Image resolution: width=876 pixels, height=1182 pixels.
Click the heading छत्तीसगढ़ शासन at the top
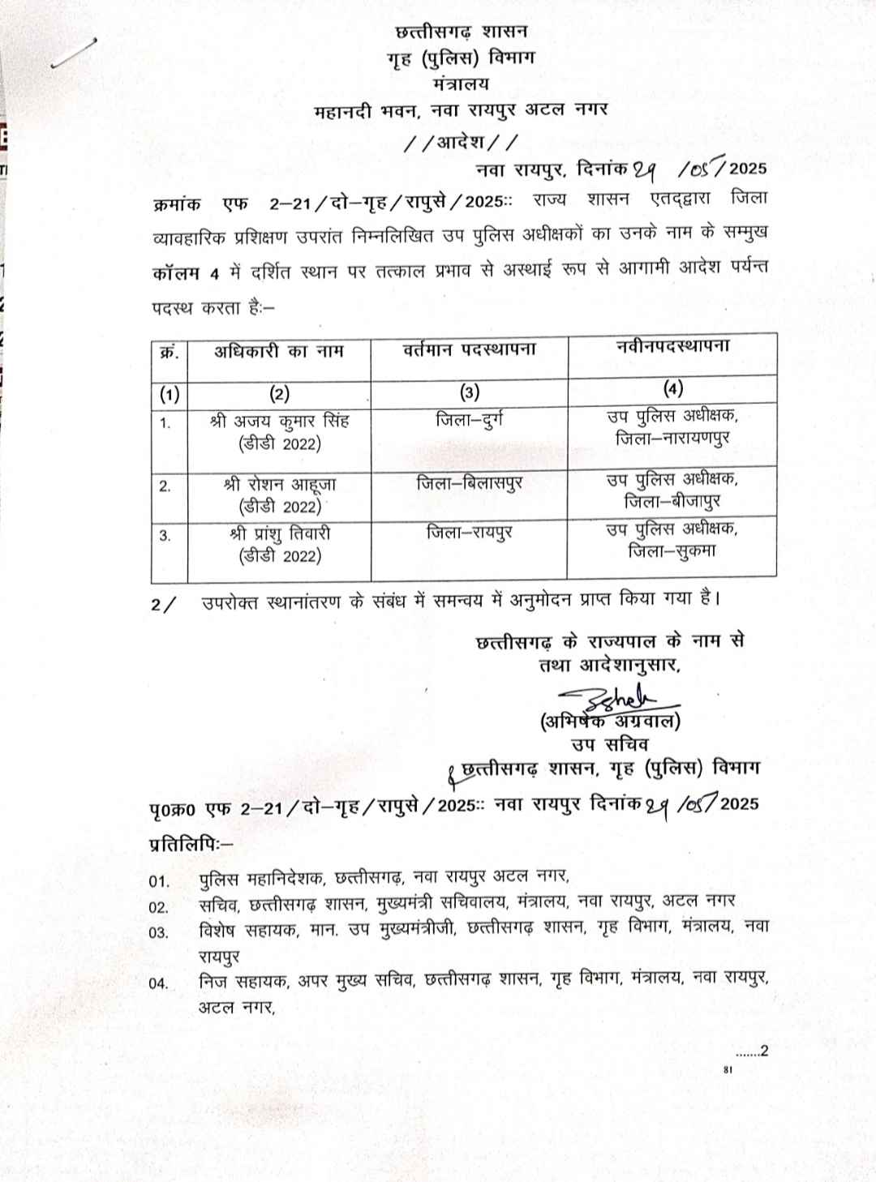click(x=460, y=32)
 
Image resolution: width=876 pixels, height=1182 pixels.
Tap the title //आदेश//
click(x=460, y=143)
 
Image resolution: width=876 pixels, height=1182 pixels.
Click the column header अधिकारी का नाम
click(x=279, y=352)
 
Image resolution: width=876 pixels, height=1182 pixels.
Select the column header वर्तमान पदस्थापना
click(x=470, y=350)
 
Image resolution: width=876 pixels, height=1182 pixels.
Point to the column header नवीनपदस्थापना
click(x=672, y=346)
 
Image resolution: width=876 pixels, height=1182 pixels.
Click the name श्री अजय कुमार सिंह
click(x=279, y=422)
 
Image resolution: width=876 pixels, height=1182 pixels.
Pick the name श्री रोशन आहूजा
click(x=279, y=485)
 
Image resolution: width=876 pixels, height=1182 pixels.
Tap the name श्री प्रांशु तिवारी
click(x=279, y=533)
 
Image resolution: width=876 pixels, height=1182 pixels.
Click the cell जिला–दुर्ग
click(x=470, y=421)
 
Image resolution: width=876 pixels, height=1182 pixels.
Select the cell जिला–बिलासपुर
click(x=470, y=484)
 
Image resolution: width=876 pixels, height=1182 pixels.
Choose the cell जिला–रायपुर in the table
click(x=470, y=533)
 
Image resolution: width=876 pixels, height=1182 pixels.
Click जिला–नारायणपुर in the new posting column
click(x=672, y=439)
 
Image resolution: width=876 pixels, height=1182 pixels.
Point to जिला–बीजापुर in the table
click(x=672, y=502)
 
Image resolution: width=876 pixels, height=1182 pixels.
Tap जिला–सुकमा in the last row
click(x=672, y=551)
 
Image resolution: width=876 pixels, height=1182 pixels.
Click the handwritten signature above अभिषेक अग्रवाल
click(x=616, y=697)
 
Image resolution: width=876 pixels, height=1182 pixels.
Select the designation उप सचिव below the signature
click(x=610, y=743)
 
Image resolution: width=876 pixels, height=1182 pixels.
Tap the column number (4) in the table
click(x=672, y=388)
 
